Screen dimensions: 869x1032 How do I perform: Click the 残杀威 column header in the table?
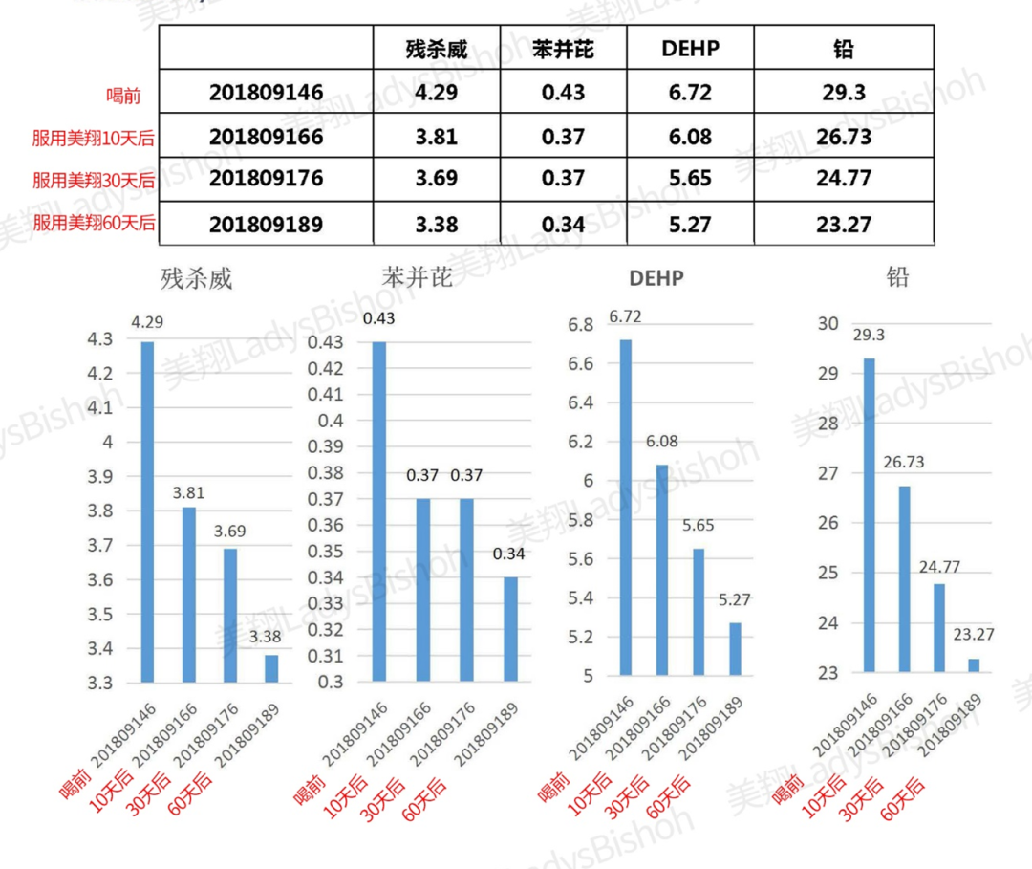436,48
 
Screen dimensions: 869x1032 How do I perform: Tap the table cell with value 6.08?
690,137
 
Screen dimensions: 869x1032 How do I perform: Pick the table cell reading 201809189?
266,225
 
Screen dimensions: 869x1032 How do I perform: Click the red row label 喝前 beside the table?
123,96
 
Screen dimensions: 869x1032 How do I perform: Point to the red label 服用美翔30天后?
94,180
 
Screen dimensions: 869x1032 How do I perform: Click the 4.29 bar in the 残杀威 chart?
147,511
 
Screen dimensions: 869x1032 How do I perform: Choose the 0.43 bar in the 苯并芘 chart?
379,511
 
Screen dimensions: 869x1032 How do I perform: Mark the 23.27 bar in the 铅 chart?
973,665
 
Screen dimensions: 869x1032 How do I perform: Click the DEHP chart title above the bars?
656,279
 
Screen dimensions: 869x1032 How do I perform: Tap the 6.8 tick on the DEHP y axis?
580,325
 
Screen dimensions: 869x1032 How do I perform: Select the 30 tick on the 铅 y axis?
828,323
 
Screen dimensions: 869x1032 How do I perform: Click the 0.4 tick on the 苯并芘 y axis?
330,421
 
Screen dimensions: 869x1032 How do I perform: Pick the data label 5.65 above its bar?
699,526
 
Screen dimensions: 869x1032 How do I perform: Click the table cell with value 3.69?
436,180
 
